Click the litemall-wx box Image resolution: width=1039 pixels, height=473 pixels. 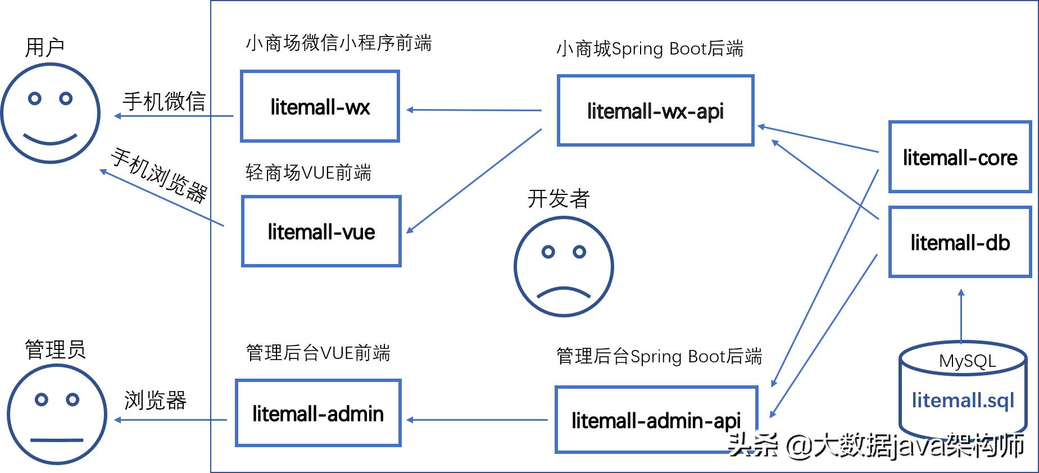320,107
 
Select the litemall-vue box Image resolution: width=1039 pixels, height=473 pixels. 321,231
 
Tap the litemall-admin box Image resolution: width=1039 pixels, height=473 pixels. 318,413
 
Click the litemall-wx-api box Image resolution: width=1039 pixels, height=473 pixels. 655,111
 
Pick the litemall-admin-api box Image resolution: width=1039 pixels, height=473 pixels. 656,420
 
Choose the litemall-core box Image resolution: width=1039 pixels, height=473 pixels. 960,157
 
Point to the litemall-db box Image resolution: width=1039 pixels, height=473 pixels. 960,242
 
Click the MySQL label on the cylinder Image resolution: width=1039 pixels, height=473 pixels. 967,361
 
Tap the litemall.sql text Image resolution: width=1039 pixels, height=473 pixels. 963,400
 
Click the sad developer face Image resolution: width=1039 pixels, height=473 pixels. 564,267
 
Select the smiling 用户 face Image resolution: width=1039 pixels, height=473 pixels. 51,113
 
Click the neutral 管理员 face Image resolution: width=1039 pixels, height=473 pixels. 57,415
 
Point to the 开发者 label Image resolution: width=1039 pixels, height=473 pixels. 558,199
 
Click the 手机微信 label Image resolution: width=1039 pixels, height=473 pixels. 164,102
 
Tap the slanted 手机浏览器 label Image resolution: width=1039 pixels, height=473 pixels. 160,175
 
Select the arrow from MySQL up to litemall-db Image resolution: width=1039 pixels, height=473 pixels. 961,316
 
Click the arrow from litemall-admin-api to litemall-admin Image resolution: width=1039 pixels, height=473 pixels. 477,420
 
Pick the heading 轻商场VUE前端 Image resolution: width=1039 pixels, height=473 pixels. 308,172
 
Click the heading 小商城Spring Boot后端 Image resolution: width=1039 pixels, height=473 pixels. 650,49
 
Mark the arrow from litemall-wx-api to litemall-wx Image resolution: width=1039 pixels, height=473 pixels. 474,110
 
